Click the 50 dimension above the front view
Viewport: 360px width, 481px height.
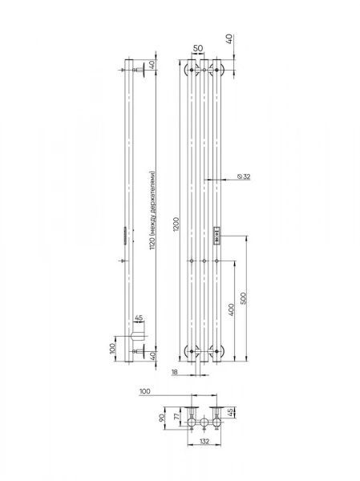(x=198, y=48)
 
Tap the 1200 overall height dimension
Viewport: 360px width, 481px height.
(x=176, y=224)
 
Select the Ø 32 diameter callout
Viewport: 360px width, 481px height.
(x=244, y=176)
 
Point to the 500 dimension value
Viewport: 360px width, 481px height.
(x=243, y=298)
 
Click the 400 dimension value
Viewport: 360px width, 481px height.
(x=231, y=309)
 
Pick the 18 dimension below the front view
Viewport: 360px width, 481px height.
(x=174, y=372)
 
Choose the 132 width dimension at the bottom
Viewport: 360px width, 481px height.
(x=204, y=441)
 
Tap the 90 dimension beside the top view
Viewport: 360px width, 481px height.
(x=162, y=418)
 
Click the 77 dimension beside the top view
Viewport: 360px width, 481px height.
(x=176, y=418)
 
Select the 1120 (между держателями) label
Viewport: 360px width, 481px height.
(x=152, y=210)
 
